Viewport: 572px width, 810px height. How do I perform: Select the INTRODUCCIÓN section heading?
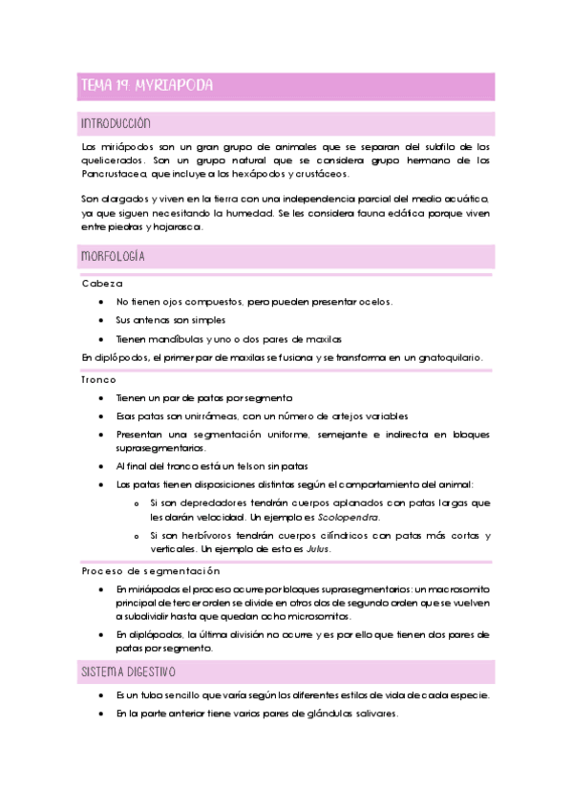(116, 124)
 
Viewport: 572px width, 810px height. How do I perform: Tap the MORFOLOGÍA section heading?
(113, 257)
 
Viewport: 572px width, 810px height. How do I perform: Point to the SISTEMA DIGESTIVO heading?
(129, 672)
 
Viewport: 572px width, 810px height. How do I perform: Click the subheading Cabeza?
(102, 284)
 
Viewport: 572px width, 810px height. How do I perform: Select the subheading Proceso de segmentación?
(152, 570)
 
